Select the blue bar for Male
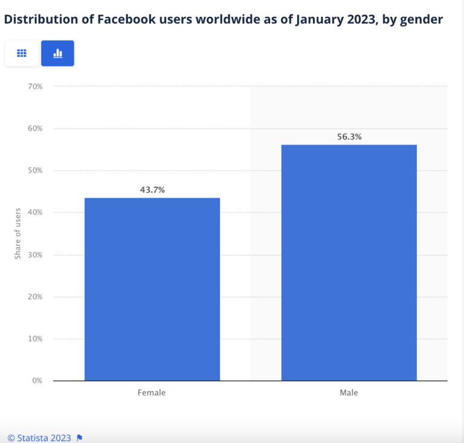349,262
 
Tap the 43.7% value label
152,190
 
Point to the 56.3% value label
349,137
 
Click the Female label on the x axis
152,393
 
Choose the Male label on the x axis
349,393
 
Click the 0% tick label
37,381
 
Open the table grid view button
22,53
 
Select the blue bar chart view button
57,53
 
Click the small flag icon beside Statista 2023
80,438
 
